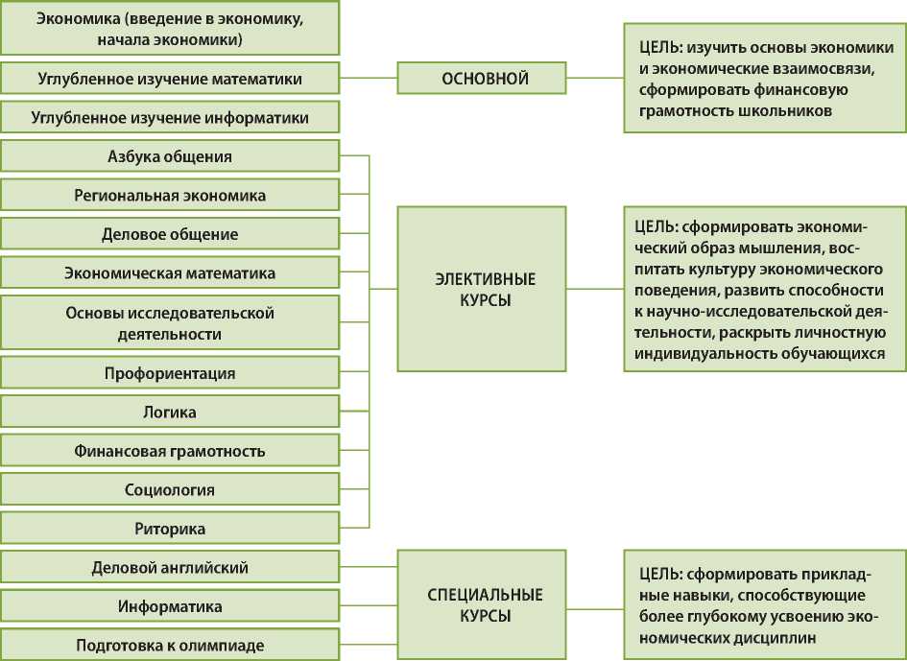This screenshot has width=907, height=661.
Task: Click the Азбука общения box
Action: tap(169, 156)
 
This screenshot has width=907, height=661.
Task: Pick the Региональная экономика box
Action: tap(169, 195)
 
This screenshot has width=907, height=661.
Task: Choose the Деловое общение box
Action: tap(169, 234)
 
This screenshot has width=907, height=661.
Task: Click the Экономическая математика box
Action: tap(169, 272)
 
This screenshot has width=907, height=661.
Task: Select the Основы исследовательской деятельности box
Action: tap(169, 323)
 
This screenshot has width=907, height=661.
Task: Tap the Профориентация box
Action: tap(169, 373)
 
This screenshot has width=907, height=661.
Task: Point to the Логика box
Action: tap(169, 412)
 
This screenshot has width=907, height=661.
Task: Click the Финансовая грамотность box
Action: tap(169, 451)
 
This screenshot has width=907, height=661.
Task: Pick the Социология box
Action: tap(169, 490)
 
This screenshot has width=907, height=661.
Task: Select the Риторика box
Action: tap(169, 529)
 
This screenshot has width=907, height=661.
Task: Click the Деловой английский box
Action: tap(169, 567)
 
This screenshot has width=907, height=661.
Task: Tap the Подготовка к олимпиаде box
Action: tap(169, 645)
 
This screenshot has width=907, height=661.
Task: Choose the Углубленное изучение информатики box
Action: tap(169, 118)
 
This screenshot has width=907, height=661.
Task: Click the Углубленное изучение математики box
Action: tap(169, 78)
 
